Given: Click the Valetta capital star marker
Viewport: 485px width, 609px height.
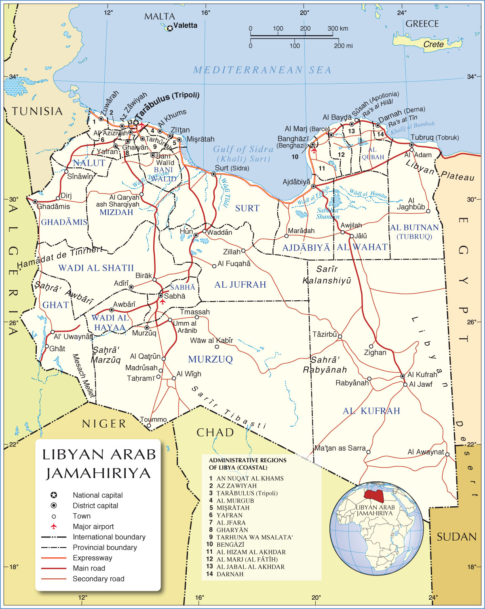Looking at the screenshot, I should pos(170,28).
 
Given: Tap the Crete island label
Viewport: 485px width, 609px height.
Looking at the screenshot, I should pos(433,44).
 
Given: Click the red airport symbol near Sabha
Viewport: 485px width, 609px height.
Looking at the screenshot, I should pos(162,301).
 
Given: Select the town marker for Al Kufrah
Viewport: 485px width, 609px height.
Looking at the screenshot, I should pos(403,376).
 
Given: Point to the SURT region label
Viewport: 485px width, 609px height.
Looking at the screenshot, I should pos(247,208).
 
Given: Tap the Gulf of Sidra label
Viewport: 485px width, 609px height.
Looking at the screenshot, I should pos(243,150).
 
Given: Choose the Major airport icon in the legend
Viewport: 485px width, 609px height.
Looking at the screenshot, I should pos(53,526).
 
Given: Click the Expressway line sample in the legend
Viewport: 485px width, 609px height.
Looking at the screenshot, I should pos(53,558).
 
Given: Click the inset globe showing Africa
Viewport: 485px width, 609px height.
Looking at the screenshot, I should pos(374,529).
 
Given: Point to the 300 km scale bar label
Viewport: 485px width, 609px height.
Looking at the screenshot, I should pos(337,28).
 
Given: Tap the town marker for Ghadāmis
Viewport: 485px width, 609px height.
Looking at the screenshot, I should pos(35,202).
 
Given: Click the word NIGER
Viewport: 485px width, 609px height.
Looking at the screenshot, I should pos(104,424).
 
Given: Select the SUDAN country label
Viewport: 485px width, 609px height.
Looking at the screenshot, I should pos(456,537).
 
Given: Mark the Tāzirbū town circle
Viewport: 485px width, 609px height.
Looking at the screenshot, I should pos(340,336).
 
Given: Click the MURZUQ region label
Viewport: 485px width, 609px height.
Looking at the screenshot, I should pos(210,359).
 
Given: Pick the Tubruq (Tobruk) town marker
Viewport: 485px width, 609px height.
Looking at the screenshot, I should pos(411,145).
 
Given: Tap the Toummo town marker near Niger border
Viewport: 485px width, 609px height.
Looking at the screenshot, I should pos(149,426).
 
